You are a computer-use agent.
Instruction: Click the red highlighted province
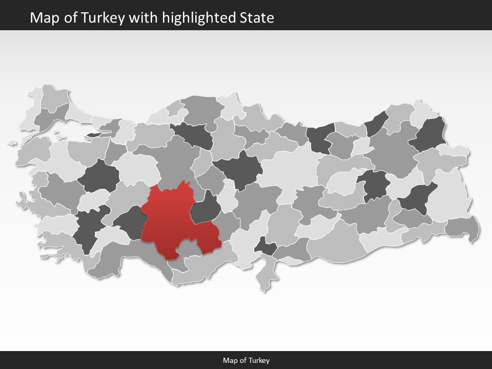(x=174, y=220)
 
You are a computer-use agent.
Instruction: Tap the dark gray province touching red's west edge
(x=128, y=223)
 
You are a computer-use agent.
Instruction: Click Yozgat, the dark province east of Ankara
(x=238, y=169)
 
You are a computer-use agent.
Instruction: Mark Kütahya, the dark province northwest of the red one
(x=98, y=177)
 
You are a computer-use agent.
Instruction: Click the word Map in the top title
(x=43, y=18)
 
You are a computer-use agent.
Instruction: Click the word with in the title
(x=144, y=18)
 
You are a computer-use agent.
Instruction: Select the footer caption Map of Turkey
(x=246, y=360)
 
